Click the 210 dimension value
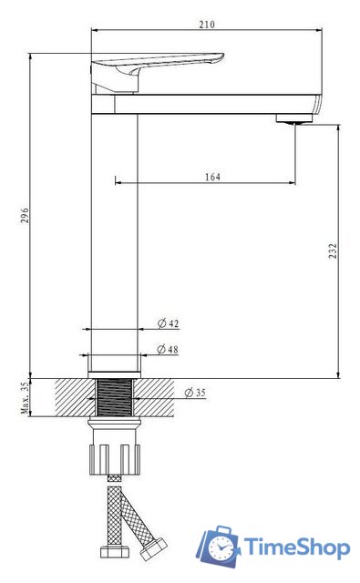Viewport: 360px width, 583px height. (x=207, y=25)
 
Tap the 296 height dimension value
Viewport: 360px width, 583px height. (x=25, y=215)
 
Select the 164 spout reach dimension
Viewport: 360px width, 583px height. (x=212, y=177)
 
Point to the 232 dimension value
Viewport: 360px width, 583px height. (x=334, y=251)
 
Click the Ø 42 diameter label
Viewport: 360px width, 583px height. (x=168, y=323)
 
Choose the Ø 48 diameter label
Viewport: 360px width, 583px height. (x=168, y=350)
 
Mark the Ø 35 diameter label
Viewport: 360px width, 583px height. (x=195, y=393)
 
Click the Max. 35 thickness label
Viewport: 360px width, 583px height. (x=25, y=398)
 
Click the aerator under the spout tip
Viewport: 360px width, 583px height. (x=293, y=119)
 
